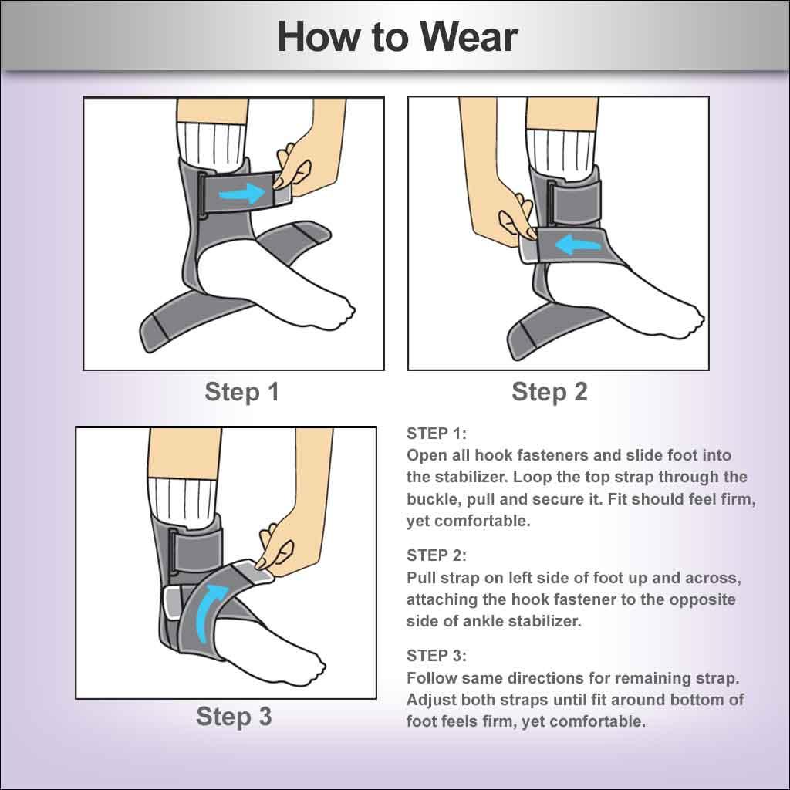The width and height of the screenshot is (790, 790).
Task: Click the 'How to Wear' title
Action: click(x=397, y=36)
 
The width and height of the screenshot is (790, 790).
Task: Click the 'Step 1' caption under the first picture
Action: click(x=241, y=392)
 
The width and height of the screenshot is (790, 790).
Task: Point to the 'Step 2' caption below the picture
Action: click(x=549, y=392)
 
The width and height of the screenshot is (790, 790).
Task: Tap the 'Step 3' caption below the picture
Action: click(x=234, y=716)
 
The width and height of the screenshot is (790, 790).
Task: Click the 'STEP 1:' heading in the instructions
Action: click(x=437, y=433)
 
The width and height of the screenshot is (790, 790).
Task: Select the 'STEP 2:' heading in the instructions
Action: click(x=437, y=555)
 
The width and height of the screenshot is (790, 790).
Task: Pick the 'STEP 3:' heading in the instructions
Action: click(x=437, y=656)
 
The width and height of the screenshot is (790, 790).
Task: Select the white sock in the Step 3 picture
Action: click(x=175, y=501)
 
